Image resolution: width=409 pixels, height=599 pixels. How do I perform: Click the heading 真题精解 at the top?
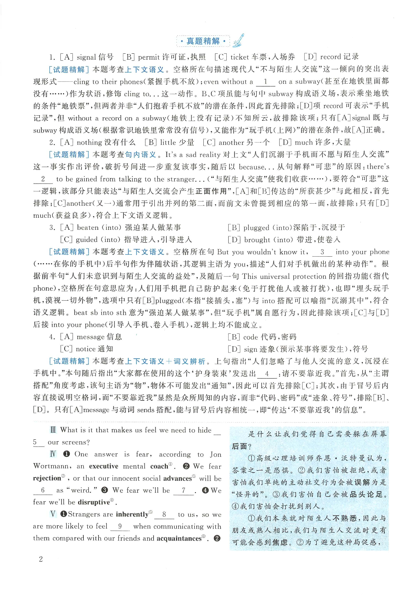(203, 41)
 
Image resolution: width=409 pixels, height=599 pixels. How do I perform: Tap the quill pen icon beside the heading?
(238, 40)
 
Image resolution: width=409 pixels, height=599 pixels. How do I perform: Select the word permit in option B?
(149, 57)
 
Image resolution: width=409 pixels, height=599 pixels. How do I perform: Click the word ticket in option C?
(240, 57)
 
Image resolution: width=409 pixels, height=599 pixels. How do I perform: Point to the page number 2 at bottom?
(41, 559)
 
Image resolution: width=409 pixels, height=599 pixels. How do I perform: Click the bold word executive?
(104, 466)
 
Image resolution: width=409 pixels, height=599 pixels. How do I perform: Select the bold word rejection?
(47, 478)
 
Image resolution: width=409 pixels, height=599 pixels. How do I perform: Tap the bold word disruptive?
(93, 502)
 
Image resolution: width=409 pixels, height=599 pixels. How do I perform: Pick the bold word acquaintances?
(179, 538)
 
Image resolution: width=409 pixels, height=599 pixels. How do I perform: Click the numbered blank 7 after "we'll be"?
(183, 490)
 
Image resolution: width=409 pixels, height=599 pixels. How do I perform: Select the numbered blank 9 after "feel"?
(120, 526)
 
